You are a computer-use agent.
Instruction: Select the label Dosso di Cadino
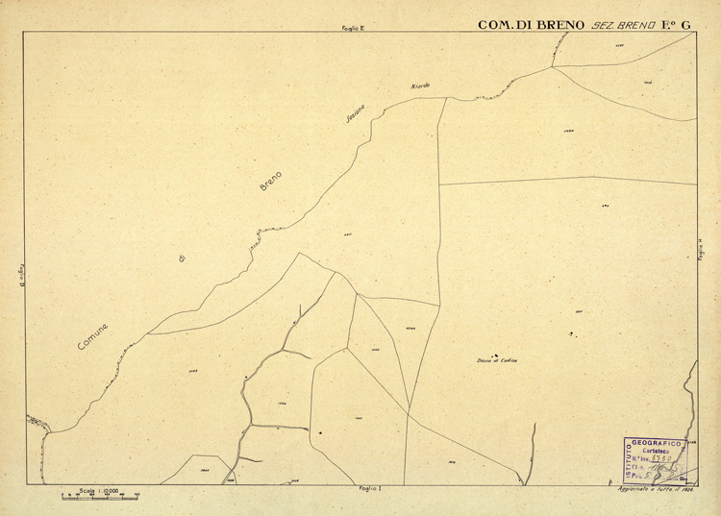pyautogui.click(x=497, y=360)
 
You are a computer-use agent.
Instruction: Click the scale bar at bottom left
pyautogui.click(x=100, y=498)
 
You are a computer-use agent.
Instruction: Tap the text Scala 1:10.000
pyautogui.click(x=97, y=490)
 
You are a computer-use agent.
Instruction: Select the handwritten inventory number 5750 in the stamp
pyautogui.click(x=662, y=458)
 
